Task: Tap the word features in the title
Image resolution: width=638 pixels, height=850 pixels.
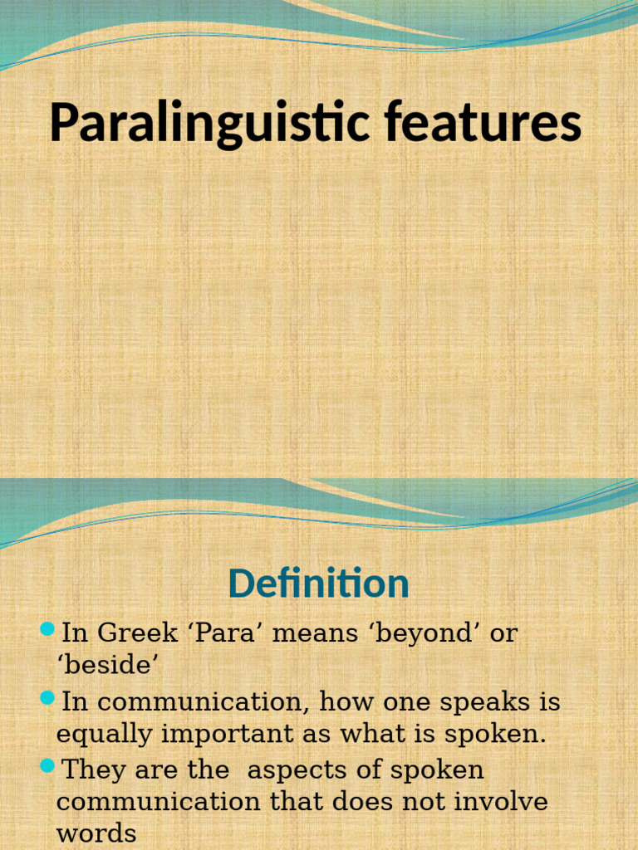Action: click(x=483, y=122)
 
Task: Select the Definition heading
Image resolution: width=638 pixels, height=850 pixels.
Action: click(x=318, y=583)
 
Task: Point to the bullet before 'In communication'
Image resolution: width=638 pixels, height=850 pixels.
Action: click(x=47, y=697)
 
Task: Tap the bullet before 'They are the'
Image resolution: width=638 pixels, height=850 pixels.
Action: click(x=47, y=765)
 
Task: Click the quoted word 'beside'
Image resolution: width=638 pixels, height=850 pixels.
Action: click(x=107, y=666)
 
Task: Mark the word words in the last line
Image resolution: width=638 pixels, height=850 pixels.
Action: click(x=96, y=833)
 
